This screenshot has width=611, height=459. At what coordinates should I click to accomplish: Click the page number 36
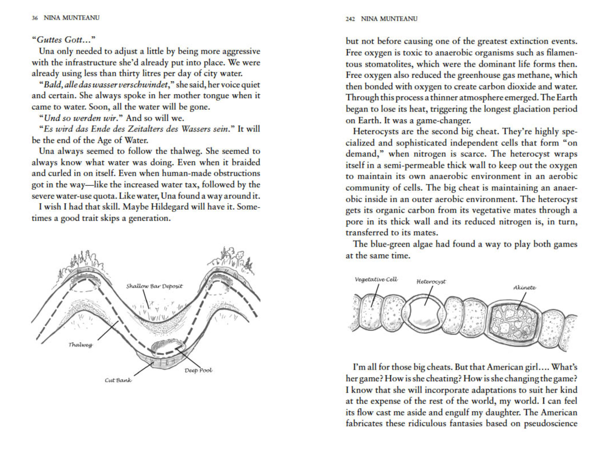coord(35,18)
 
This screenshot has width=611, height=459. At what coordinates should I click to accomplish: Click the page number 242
coord(350,19)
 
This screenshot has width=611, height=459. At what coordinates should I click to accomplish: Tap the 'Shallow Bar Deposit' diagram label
coord(154,286)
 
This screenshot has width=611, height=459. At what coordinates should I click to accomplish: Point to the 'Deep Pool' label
coord(198,370)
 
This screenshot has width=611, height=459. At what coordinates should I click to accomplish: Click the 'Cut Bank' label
coord(118,380)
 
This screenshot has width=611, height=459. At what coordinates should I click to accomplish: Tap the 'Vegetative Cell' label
coord(376,279)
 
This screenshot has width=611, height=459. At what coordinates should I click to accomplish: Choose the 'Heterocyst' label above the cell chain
coord(431,282)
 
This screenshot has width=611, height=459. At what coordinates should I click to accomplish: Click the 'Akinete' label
coord(524,288)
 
